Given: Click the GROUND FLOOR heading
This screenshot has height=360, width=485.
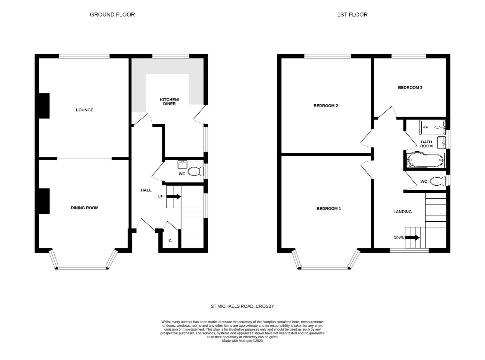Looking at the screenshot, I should click(x=112, y=15).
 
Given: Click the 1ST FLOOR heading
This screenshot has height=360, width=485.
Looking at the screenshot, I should click(x=352, y=15).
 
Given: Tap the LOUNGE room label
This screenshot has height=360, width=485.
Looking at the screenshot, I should click(x=84, y=110).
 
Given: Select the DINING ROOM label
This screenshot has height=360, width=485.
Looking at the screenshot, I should click(x=84, y=208).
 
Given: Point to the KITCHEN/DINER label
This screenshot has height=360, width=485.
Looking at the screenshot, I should click(x=169, y=102).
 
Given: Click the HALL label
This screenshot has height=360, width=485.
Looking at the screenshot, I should click(x=146, y=190).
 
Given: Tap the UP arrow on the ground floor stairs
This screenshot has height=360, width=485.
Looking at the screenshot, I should click(x=174, y=197).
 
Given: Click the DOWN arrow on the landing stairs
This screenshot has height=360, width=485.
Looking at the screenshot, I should click(x=412, y=238).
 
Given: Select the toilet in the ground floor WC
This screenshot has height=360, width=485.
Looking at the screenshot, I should click(x=196, y=172).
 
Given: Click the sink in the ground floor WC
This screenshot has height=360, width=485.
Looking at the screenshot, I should click(x=182, y=164).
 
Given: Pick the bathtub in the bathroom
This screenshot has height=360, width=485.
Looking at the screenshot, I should click(x=425, y=160).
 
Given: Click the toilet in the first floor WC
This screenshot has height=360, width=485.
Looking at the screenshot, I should click(x=438, y=181).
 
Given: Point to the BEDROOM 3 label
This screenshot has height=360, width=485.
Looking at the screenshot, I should click(x=410, y=88).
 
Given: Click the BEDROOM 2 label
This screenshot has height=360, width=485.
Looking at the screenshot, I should click(x=325, y=106).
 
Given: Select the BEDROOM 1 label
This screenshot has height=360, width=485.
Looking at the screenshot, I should click(x=328, y=209).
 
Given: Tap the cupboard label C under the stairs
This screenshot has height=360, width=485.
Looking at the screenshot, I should click(x=170, y=241).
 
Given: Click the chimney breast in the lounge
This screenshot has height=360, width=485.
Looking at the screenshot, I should click(x=44, y=106).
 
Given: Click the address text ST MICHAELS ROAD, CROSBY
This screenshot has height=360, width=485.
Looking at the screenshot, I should click(x=242, y=306).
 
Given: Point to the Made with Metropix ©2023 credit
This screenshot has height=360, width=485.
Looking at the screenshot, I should click(x=242, y=341).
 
